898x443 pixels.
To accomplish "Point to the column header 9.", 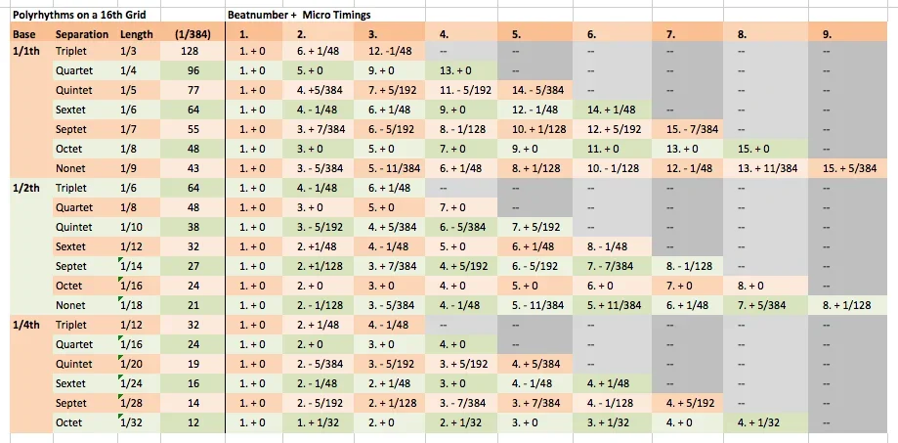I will (827, 34).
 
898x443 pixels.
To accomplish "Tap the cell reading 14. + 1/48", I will (612, 110).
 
